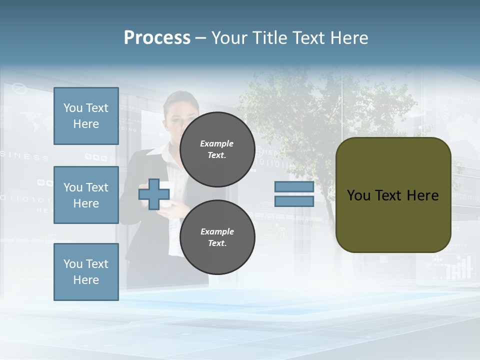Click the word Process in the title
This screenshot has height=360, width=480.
point(157,38)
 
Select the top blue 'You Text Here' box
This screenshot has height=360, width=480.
point(86,116)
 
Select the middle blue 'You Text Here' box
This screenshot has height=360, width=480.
point(86,195)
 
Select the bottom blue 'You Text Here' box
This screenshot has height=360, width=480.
point(86,271)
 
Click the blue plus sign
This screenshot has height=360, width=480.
point(154,194)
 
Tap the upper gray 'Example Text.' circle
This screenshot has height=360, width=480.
point(217,149)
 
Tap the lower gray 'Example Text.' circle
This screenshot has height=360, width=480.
point(217,237)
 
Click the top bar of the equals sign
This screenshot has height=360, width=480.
point(294,187)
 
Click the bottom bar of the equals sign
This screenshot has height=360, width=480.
point(294,201)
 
